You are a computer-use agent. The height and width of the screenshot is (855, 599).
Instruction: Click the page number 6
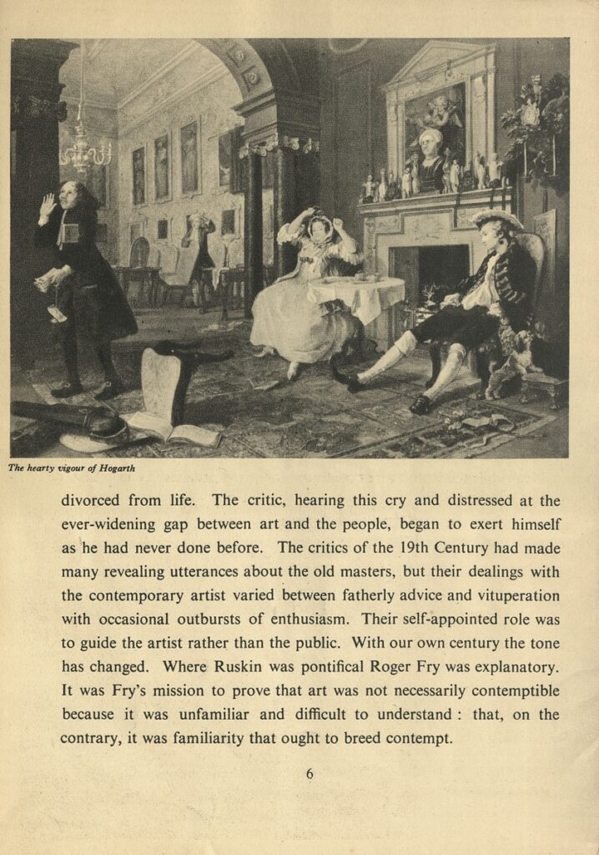click(310, 774)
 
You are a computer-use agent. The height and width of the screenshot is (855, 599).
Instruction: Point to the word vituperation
click(516, 596)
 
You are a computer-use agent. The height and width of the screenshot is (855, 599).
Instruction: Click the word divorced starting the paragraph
click(93, 501)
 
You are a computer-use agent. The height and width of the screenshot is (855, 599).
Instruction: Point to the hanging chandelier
click(85, 150)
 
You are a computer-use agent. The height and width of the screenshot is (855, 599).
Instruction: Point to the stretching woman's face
click(319, 228)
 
